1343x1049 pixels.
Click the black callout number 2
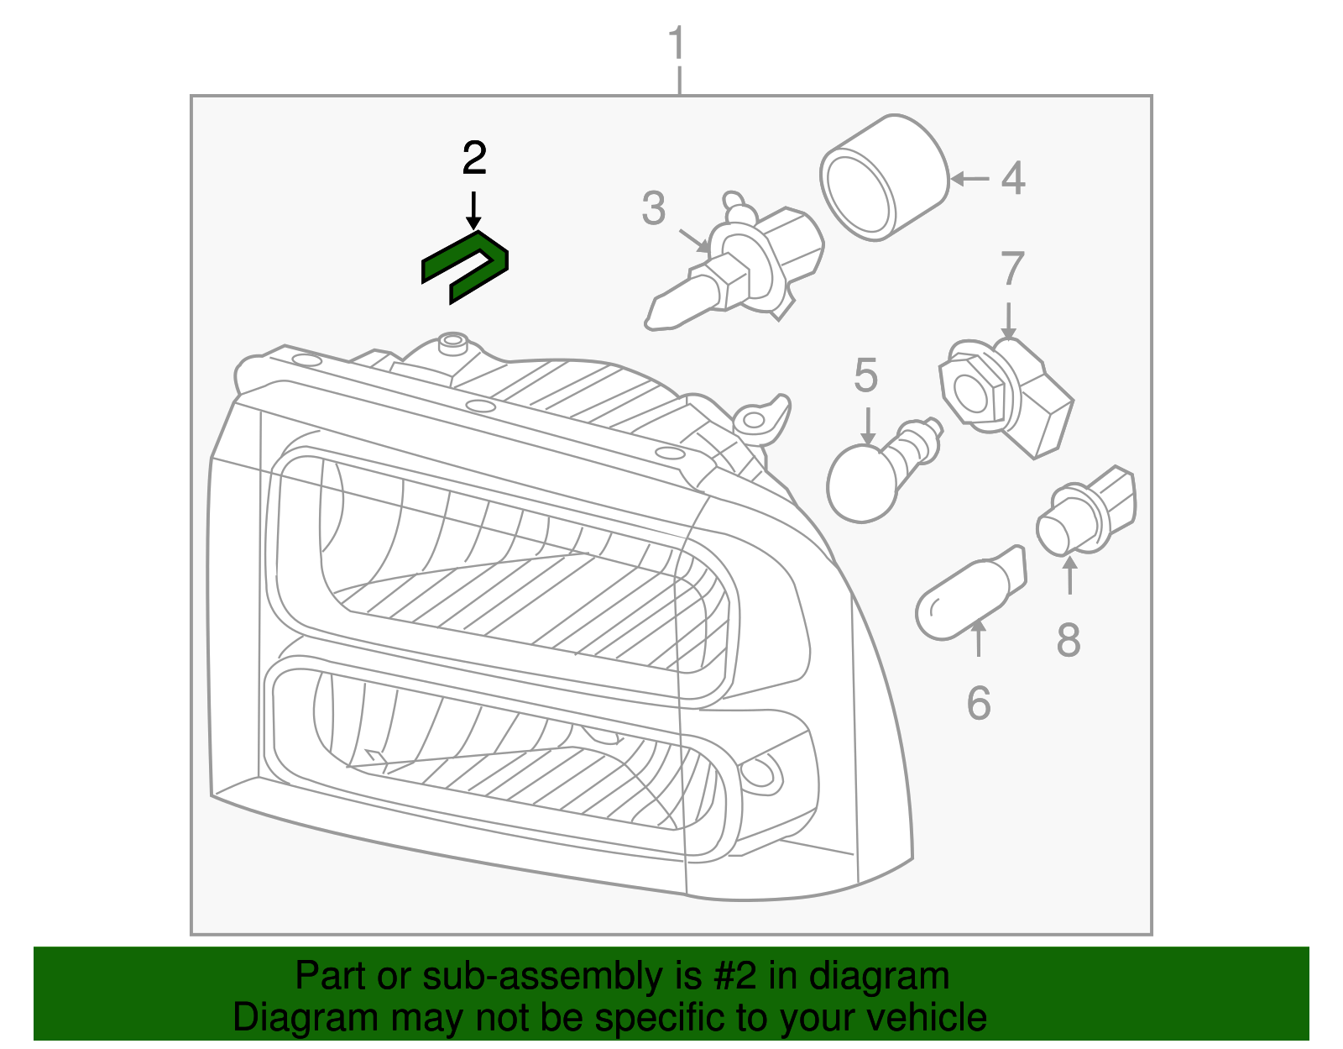click(x=474, y=158)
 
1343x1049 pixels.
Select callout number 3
click(x=653, y=207)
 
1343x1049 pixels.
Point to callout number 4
click(x=1013, y=178)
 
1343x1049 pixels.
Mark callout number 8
click(x=1068, y=640)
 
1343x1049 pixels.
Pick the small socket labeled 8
click(x=1087, y=512)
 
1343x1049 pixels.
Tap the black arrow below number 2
click(x=474, y=210)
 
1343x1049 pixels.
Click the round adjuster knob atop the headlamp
click(x=453, y=342)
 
